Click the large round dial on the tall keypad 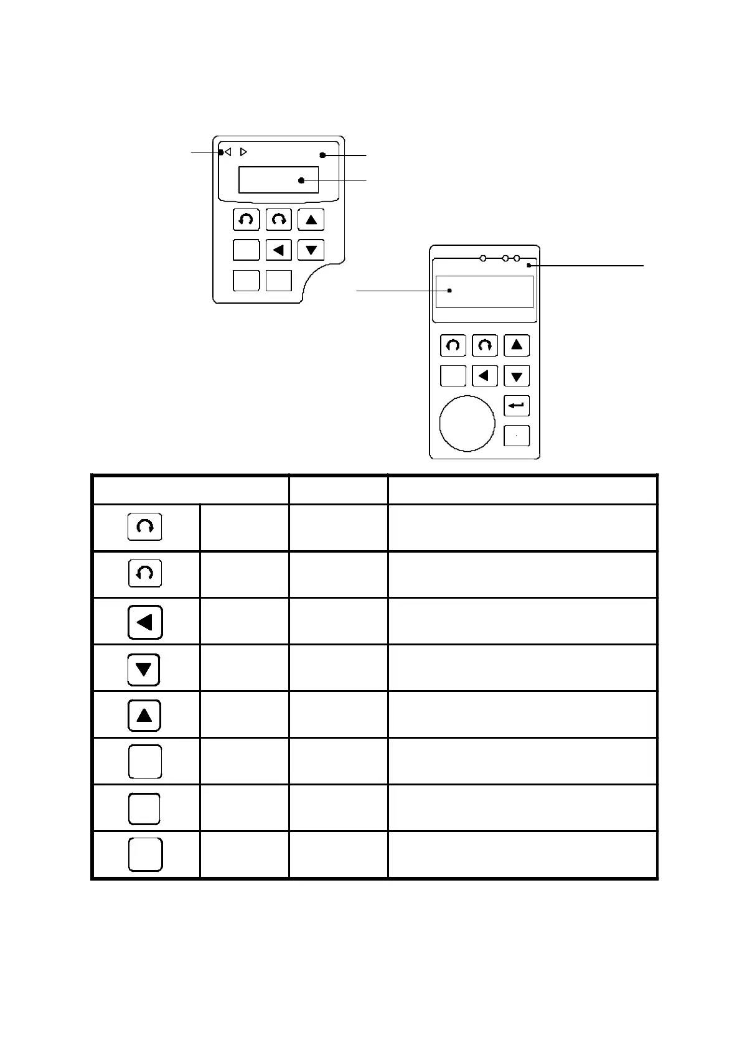click(x=467, y=423)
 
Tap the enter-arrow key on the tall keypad click(x=516, y=406)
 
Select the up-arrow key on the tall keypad click(x=516, y=345)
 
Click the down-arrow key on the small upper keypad click(x=311, y=250)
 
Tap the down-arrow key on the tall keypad click(x=516, y=376)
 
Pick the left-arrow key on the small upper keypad click(x=278, y=250)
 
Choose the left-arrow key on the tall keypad click(x=484, y=376)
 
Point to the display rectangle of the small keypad click(x=278, y=180)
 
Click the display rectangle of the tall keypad click(x=484, y=291)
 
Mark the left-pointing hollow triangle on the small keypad click(x=228, y=152)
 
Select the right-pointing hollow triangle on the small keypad click(x=243, y=152)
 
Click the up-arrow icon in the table click(x=144, y=716)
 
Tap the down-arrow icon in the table click(x=144, y=670)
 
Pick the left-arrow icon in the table click(x=145, y=622)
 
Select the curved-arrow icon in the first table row click(x=144, y=526)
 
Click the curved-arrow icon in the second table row click(x=145, y=573)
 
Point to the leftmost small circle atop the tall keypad click(x=483, y=258)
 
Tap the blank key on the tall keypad click(x=453, y=376)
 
